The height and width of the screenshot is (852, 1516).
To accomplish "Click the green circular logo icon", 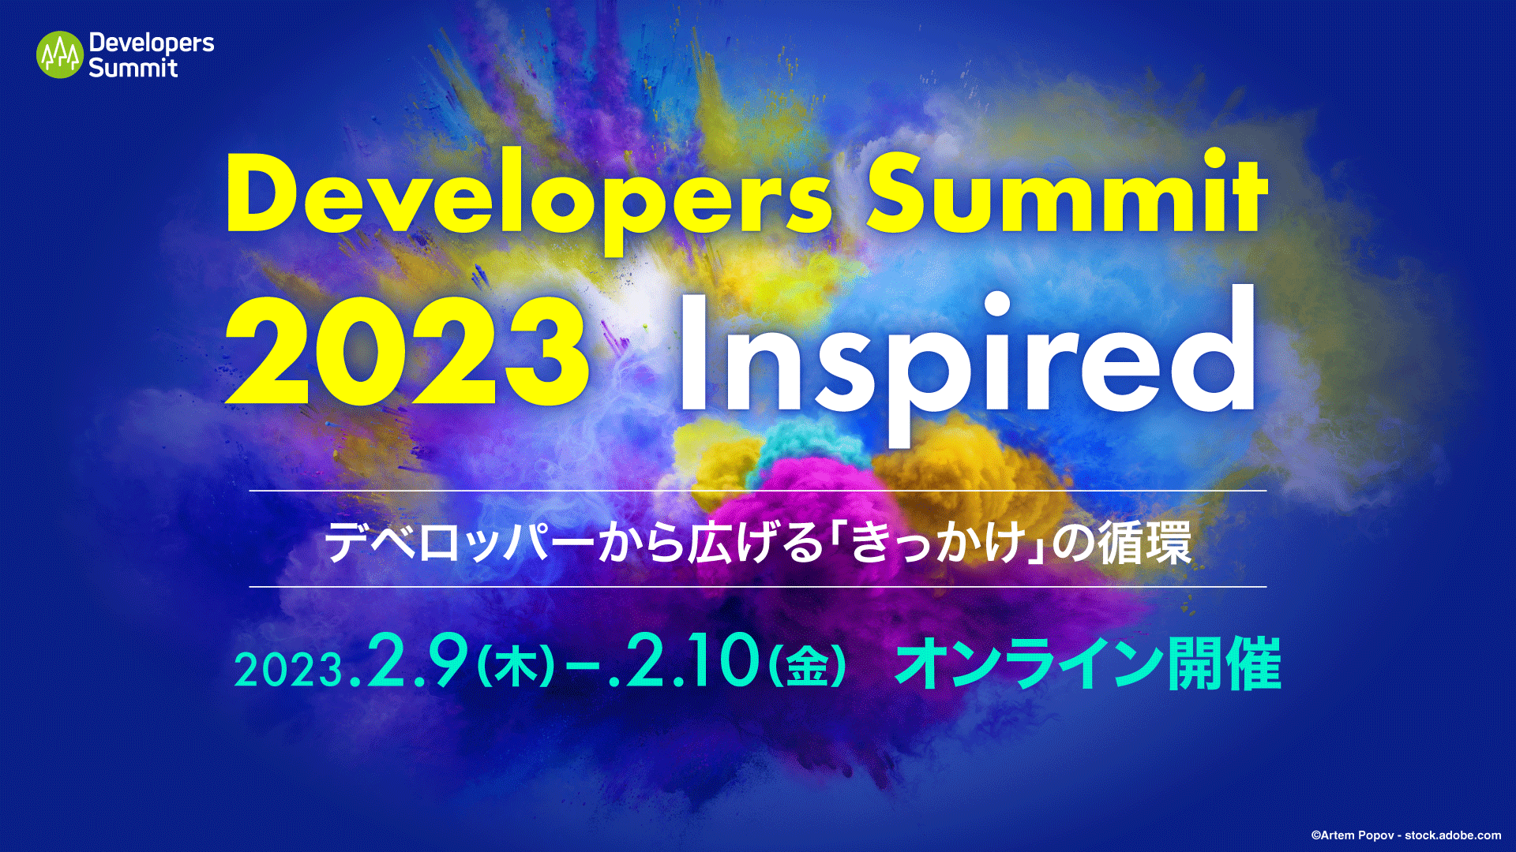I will [59, 55].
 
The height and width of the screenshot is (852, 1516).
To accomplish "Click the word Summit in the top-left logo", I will [133, 68].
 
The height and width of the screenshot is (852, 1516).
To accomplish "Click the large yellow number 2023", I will [407, 351].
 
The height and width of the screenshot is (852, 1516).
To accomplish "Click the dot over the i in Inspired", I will [997, 305].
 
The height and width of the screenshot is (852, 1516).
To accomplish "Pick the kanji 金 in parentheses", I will [807, 667].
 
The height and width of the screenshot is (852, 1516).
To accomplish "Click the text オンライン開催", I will [1087, 664].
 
